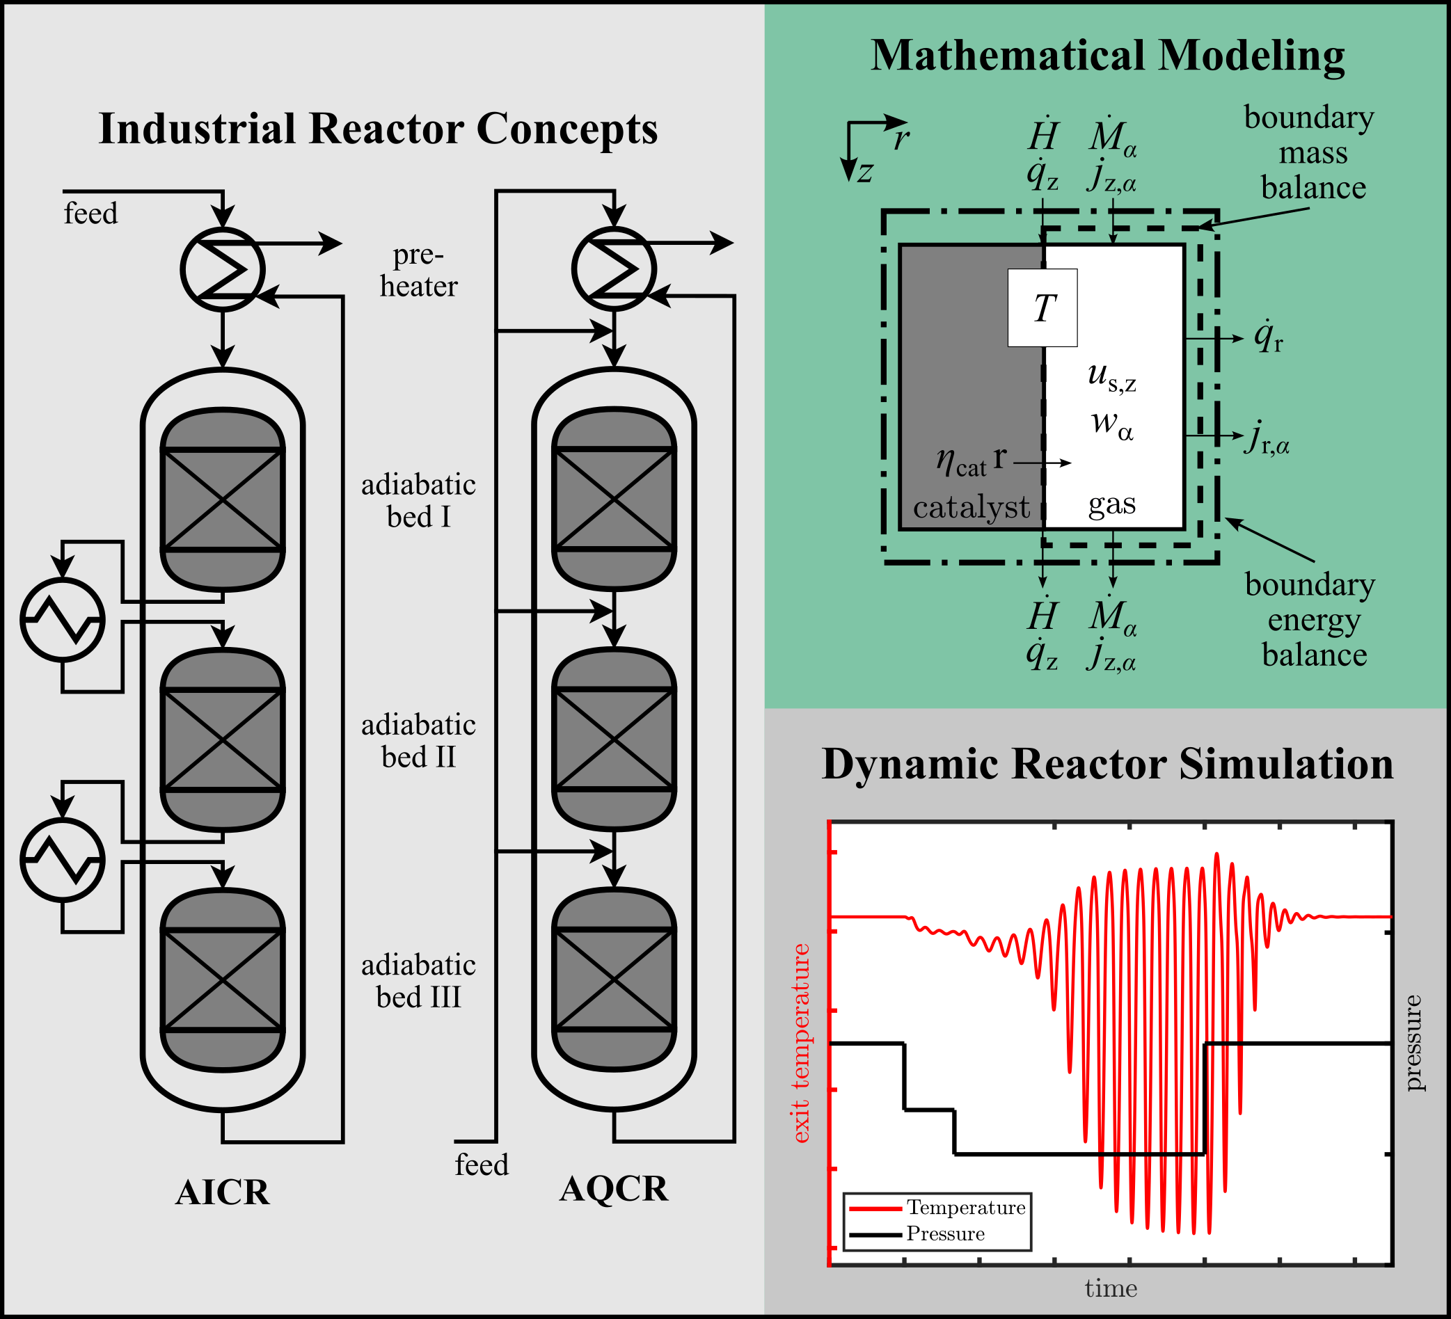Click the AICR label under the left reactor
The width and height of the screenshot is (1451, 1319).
(223, 1192)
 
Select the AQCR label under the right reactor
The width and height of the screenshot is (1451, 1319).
(614, 1188)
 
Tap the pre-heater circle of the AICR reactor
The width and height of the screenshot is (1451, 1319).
(223, 270)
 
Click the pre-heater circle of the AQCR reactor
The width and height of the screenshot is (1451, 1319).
(614, 269)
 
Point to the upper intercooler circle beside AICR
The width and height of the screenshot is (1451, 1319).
(63, 620)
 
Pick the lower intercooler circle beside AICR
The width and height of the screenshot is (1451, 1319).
(63, 860)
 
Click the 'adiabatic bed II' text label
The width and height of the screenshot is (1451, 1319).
(418, 741)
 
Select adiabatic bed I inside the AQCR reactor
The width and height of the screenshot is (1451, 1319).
(614, 499)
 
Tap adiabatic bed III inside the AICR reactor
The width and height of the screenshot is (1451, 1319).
(223, 980)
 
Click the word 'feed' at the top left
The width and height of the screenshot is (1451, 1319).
(90, 214)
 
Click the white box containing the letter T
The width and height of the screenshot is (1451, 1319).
(1042, 308)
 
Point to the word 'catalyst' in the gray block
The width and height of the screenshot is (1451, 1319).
(971, 508)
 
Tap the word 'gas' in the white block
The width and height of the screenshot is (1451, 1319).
(1112, 504)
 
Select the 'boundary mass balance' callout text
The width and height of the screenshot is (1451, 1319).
(1310, 152)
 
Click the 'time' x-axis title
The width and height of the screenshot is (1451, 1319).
(1111, 1288)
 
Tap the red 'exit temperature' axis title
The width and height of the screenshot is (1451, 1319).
(800, 1044)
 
